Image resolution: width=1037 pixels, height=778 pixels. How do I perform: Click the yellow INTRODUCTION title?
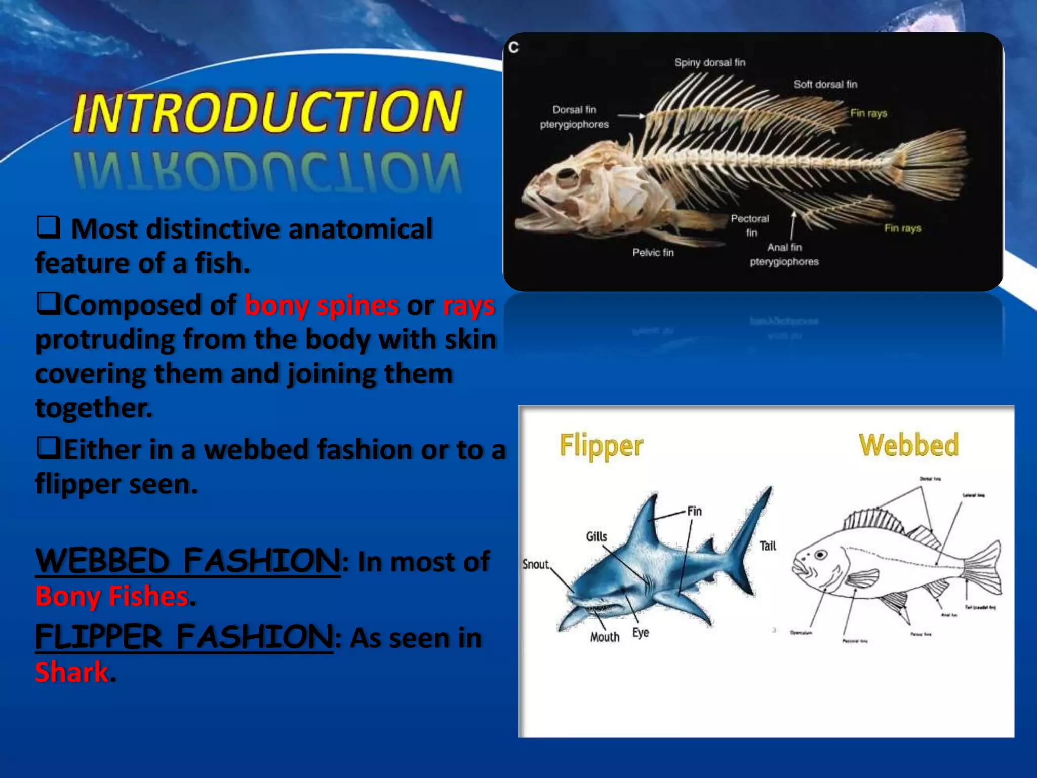[267, 111]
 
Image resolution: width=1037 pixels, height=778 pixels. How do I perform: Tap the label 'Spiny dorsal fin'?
[709, 62]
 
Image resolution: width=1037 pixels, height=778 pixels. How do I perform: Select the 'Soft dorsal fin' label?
[825, 84]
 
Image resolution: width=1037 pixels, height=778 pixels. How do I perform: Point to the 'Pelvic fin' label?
[653, 252]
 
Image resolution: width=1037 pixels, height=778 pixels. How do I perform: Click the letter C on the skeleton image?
[513, 47]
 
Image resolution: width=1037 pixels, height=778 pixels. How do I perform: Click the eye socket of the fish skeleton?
[567, 177]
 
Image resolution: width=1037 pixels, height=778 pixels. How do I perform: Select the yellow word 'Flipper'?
[601, 446]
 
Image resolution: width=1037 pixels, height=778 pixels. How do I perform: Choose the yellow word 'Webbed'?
[908, 445]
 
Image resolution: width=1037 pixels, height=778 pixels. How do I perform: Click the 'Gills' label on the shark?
[596, 536]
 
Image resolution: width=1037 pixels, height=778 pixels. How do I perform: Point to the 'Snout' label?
[535, 564]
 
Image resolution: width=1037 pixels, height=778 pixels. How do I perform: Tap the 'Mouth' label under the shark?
[605, 637]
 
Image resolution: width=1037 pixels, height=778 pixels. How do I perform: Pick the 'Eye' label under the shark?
[641, 632]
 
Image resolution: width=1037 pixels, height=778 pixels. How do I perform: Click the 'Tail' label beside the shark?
[768, 546]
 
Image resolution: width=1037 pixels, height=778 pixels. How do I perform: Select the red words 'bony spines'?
[322, 305]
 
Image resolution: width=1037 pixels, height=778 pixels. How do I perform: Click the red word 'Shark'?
[72, 672]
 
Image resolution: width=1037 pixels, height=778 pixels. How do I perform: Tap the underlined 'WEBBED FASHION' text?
[188, 561]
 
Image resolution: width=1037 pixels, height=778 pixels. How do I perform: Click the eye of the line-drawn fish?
[821, 555]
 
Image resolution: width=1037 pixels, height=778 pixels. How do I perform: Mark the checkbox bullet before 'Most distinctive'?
[49, 227]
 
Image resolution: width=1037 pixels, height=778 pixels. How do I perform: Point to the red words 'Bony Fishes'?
[112, 596]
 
